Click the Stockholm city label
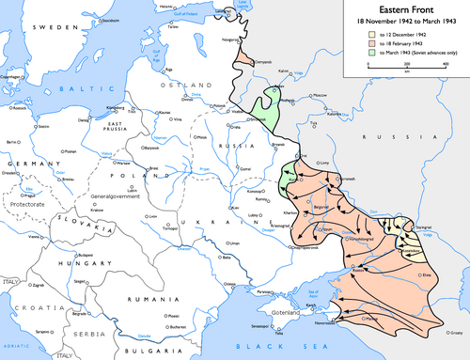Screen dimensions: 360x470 [86, 19]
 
